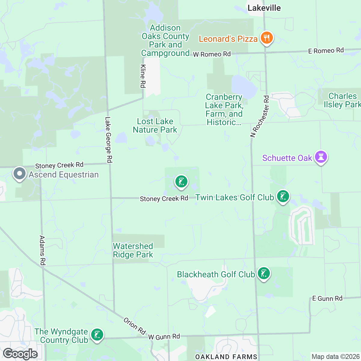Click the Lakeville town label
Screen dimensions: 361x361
point(264,8)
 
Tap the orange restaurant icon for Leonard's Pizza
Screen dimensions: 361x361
point(266,38)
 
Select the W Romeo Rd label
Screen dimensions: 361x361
point(212,54)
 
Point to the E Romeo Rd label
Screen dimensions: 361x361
point(326,51)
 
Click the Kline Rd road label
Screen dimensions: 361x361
point(143,76)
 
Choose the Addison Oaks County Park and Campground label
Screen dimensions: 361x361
point(165,41)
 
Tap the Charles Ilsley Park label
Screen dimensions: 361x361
point(342,100)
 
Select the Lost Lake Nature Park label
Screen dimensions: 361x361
point(155,125)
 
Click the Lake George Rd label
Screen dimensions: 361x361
point(108,140)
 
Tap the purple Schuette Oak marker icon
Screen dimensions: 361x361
point(321,157)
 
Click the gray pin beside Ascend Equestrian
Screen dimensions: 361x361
point(20,174)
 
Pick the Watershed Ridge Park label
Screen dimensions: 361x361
point(133,250)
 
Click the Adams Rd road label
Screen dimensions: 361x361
point(42,250)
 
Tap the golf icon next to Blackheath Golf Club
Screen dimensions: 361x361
point(264,274)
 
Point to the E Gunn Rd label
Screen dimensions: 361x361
point(327,298)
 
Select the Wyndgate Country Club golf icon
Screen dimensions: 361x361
point(97,335)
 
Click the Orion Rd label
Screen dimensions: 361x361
point(134,326)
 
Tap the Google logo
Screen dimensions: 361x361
point(20,354)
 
